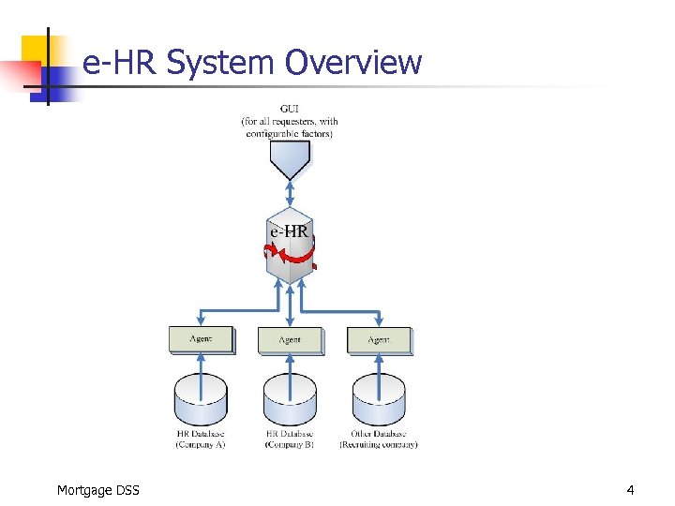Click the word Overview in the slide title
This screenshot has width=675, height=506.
tap(353, 63)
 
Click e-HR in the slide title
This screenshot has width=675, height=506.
tap(120, 63)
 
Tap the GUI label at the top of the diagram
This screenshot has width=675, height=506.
tap(290, 108)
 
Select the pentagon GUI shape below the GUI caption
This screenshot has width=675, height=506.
tap(290, 160)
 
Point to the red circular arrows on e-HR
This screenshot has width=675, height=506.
tap(289, 251)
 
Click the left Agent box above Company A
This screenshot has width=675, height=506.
tap(200, 339)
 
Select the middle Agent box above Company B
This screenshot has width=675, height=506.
tap(290, 339)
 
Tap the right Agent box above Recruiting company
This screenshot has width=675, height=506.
tap(379, 339)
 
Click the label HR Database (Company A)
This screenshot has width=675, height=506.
tap(200, 439)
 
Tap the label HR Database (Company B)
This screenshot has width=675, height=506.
tap(290, 439)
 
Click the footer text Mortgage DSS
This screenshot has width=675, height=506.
tap(97, 489)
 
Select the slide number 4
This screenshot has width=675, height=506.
tap(630, 489)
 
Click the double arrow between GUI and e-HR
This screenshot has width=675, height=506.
tap(290, 194)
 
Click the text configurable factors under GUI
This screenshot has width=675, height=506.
tap(290, 133)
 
